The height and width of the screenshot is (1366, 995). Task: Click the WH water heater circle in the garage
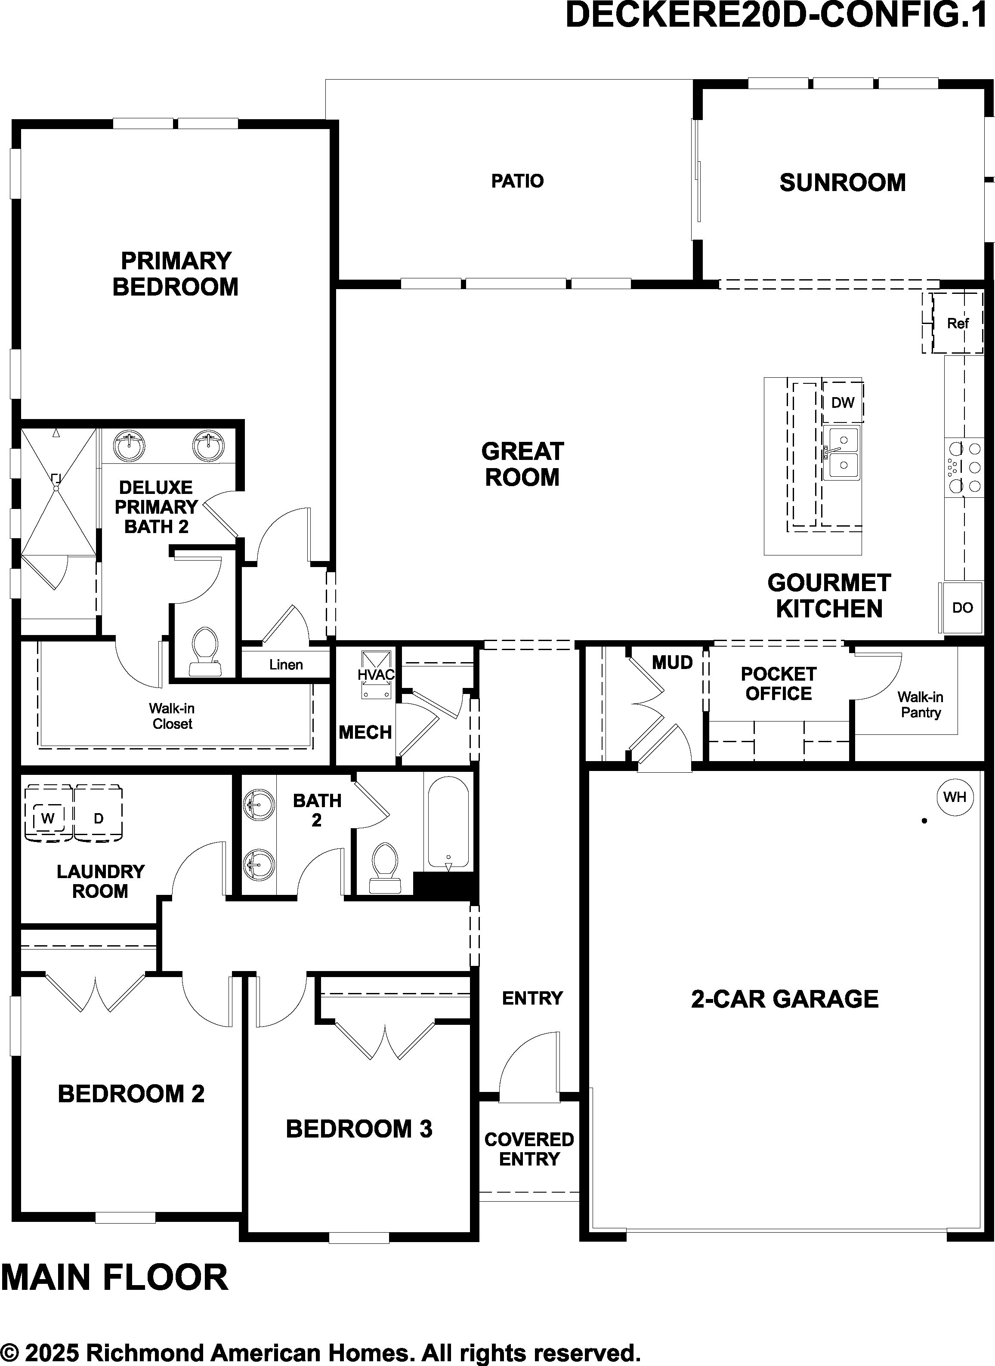point(955,797)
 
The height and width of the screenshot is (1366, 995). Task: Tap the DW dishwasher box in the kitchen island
point(843,402)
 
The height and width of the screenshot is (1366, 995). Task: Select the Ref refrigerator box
point(957,324)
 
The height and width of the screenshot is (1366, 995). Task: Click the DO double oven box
point(961,608)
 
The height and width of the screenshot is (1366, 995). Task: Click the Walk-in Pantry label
point(920,705)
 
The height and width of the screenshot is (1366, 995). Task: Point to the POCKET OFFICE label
point(778,684)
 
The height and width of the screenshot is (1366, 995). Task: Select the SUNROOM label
point(843,182)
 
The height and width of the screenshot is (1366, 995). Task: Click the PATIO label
point(517,181)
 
